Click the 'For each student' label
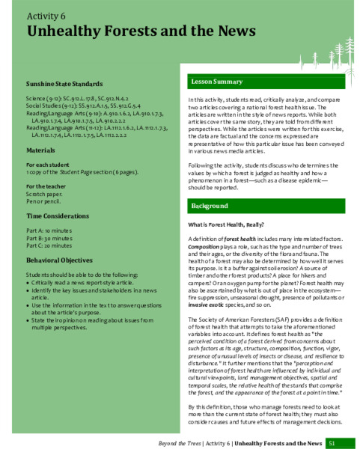48,164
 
